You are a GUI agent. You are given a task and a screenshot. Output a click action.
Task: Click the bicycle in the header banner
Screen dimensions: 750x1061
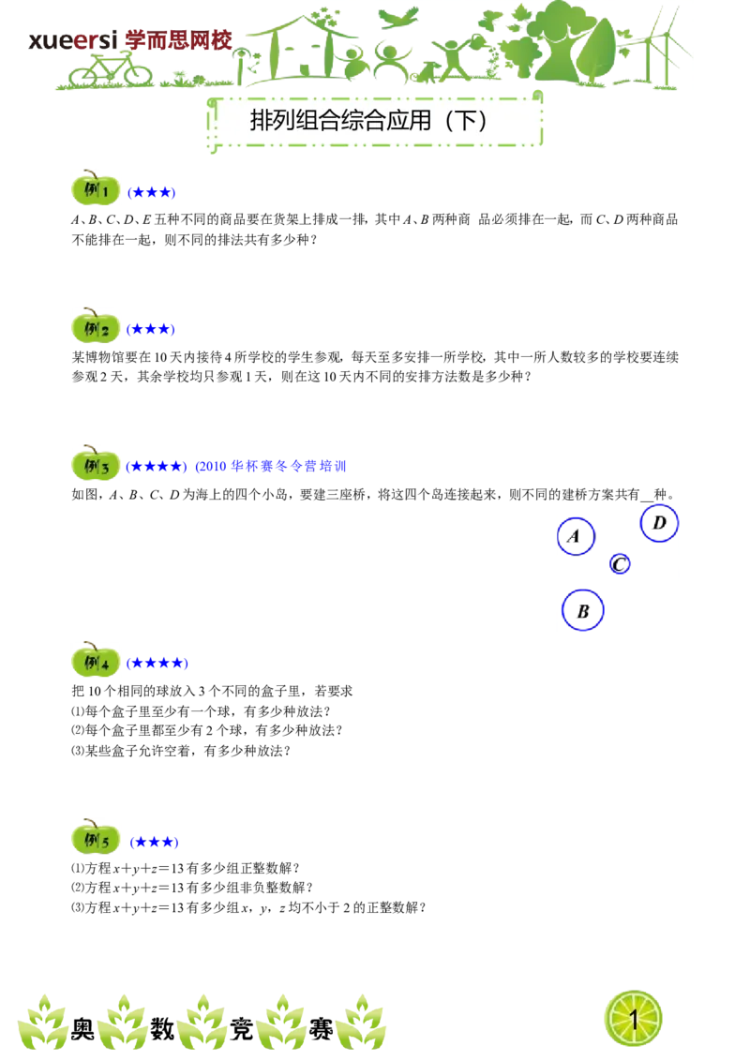click(x=110, y=71)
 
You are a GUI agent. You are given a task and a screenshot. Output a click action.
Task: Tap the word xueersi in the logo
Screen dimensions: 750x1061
click(x=73, y=40)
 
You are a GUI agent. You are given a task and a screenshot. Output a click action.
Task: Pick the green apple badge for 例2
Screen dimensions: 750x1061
click(x=96, y=326)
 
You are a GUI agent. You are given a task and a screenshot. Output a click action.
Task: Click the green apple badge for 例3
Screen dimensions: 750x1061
click(x=96, y=464)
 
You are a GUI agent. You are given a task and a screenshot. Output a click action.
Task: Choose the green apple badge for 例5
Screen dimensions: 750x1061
click(x=96, y=838)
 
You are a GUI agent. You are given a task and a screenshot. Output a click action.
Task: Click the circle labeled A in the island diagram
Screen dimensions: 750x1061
click(x=576, y=536)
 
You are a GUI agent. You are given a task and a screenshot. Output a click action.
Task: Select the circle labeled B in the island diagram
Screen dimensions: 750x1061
click(x=582, y=610)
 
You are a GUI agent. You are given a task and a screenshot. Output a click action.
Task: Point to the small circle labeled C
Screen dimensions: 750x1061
click(x=620, y=563)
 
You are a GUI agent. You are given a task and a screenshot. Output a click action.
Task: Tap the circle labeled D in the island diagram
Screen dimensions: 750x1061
click(x=659, y=523)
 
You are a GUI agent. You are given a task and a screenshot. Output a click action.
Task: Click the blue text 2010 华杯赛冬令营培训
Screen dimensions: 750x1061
click(x=271, y=466)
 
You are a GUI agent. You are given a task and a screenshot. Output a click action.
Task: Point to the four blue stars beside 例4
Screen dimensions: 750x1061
click(x=157, y=664)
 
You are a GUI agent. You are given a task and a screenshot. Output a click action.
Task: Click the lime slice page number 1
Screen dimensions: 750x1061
click(x=633, y=1019)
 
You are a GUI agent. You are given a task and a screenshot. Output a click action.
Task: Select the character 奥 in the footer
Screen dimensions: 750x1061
click(x=82, y=1029)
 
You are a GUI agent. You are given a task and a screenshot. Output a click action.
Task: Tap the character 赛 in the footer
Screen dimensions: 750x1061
click(x=321, y=1029)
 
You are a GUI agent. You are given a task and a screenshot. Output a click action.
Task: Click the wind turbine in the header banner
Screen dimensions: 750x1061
click(x=667, y=51)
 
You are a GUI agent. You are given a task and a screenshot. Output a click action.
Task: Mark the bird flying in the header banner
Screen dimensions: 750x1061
click(x=398, y=17)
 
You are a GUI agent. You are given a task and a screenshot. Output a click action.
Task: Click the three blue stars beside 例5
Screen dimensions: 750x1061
click(x=155, y=843)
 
